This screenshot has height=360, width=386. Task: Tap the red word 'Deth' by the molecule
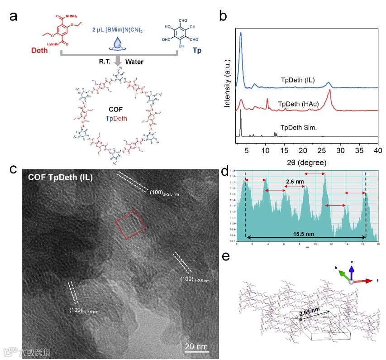39,50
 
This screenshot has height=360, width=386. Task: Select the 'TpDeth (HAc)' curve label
299,104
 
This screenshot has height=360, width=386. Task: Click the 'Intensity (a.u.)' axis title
229,84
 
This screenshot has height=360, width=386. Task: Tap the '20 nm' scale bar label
196,346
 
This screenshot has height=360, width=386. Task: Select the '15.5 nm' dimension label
305,235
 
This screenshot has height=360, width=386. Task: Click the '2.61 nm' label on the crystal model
312,312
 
